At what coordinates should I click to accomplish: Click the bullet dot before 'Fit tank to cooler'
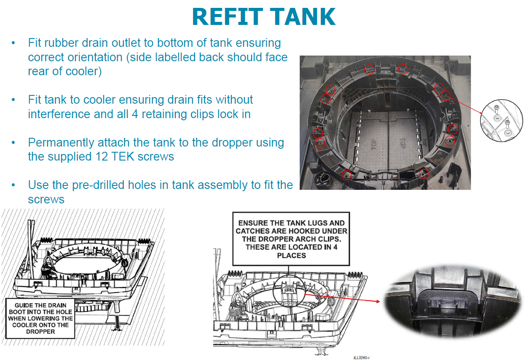pos(14,100)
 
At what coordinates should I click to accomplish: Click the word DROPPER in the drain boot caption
pos(40,332)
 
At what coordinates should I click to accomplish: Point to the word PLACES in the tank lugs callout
pos(291,255)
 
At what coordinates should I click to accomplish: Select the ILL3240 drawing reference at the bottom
pos(361,357)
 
